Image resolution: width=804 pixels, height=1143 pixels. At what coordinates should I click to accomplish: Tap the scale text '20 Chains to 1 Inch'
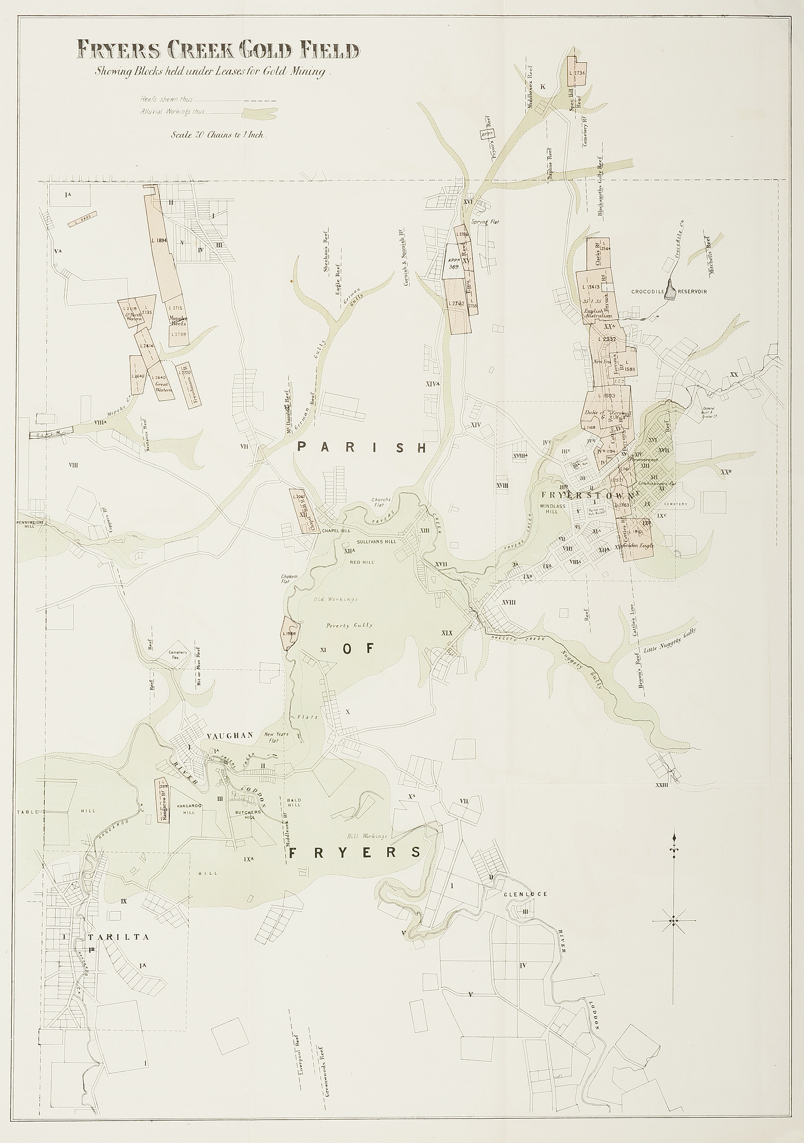coord(218,134)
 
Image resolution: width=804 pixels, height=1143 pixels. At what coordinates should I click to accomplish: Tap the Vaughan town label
coord(230,735)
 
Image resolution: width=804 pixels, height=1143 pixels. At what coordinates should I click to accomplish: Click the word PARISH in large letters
coord(362,448)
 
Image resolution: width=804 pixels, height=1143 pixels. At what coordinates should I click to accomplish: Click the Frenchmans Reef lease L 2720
coord(188,385)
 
